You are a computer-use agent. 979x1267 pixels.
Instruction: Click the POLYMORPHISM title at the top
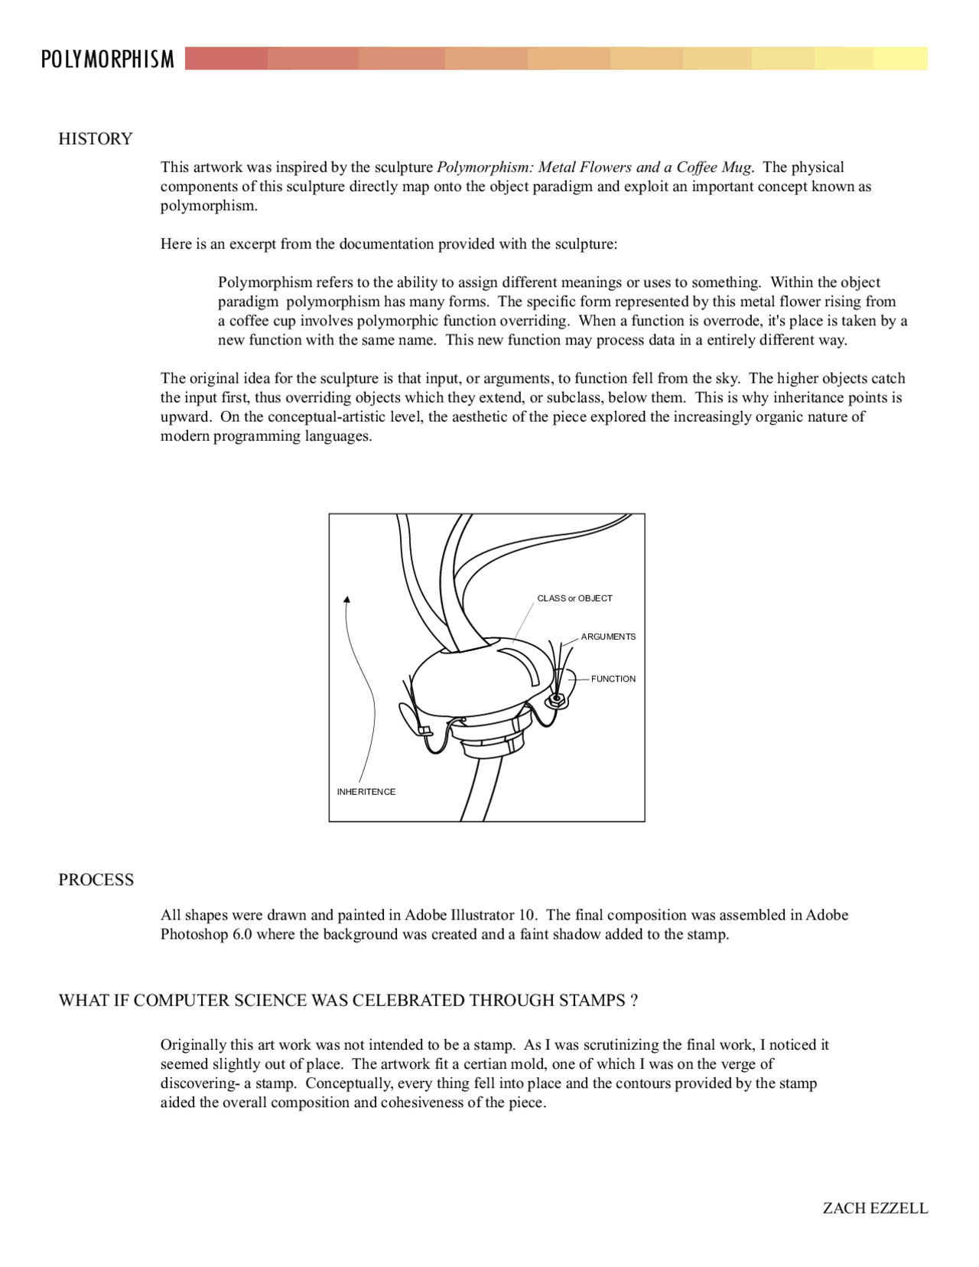pos(107,59)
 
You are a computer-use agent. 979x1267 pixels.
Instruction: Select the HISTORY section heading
pos(96,138)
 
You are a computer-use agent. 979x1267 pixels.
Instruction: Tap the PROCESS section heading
pos(96,880)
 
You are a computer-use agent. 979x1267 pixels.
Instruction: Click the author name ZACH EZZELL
pos(875,1208)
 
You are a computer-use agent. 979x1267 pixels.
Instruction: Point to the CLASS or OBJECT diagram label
pos(574,598)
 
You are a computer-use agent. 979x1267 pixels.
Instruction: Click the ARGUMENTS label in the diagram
pos(608,637)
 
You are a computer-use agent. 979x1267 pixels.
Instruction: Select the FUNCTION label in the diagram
pos(613,679)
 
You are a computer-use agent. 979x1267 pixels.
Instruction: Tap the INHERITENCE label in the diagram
pos(366,792)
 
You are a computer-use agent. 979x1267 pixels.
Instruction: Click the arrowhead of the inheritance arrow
pos(347,600)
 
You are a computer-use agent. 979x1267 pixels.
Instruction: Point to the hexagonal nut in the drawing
pos(558,699)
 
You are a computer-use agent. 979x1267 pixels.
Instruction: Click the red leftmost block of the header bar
pos(226,59)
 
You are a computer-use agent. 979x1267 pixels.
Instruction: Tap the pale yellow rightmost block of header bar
pos(900,59)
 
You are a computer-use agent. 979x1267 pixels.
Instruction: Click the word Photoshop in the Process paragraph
pos(194,934)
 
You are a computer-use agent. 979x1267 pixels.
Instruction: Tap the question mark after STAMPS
pos(634,1001)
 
